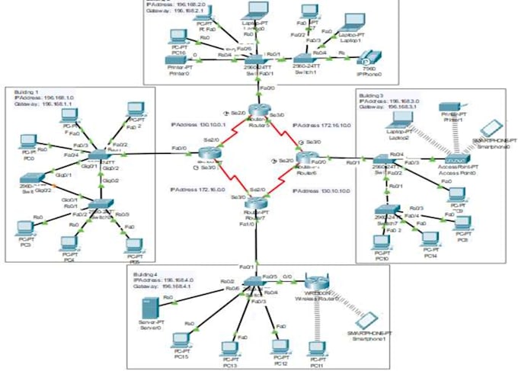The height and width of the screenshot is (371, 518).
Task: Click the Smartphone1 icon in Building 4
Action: tap(368, 321)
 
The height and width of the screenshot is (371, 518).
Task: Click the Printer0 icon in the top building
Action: tap(177, 60)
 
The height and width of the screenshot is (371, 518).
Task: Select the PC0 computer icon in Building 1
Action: tap(29, 142)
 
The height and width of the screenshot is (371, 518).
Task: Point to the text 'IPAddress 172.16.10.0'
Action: tap(319, 123)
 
